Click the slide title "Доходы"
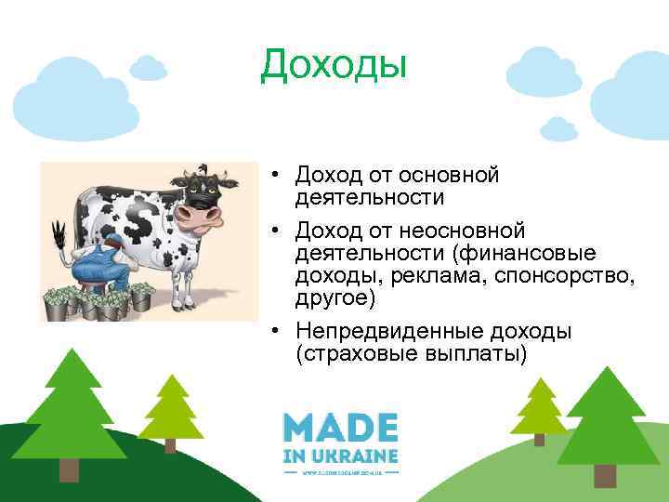point(334,64)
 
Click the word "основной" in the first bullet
point(450,175)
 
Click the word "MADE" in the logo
point(341,429)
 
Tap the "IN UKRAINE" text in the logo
point(341,456)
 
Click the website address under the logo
point(341,471)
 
